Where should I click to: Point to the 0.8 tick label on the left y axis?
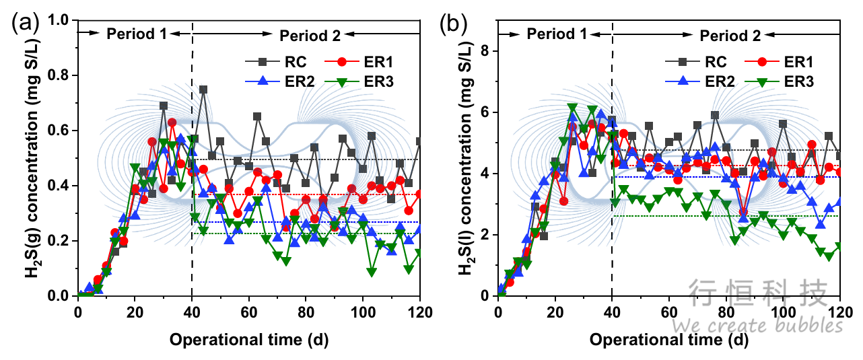point(60,75)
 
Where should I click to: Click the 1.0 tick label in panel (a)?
point(60,20)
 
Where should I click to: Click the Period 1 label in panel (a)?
point(137,32)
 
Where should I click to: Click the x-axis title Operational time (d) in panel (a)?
point(249,340)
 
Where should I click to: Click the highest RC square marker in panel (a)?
point(203,89)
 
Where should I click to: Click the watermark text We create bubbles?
point(757,326)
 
